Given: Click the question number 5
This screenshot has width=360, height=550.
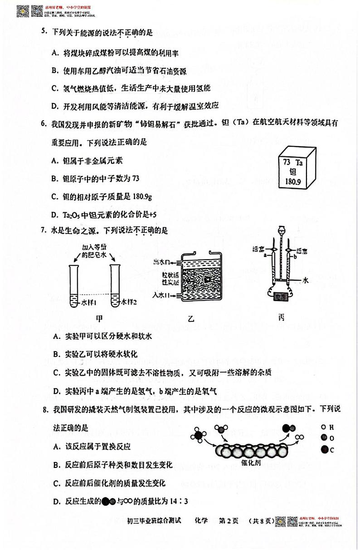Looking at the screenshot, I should pyautogui.click(x=44, y=32).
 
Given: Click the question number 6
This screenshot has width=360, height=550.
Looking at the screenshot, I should pyautogui.click(x=44, y=123).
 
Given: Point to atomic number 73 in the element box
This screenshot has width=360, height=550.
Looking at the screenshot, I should pyautogui.click(x=286, y=162).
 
